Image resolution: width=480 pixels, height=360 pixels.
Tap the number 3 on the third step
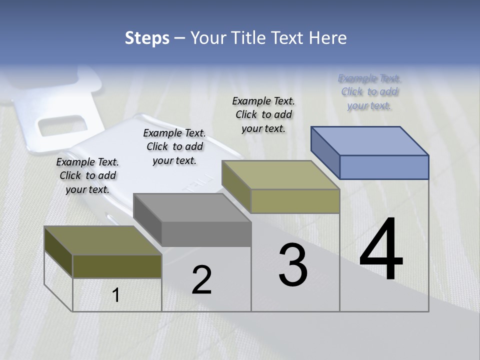(x=293, y=265)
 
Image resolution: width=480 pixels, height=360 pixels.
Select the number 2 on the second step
(x=201, y=280)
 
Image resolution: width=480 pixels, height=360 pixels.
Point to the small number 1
(x=116, y=295)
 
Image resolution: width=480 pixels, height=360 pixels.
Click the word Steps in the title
(x=147, y=38)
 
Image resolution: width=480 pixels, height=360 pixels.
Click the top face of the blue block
(x=370, y=141)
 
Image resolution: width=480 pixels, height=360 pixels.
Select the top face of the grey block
(x=192, y=208)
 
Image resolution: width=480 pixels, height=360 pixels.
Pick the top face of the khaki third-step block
(x=281, y=175)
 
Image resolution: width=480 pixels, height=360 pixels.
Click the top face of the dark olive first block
(x=102, y=240)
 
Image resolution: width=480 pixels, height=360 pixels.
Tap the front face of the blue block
(x=384, y=167)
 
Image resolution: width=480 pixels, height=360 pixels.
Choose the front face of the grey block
(x=206, y=234)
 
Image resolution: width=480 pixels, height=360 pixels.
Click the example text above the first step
(x=87, y=175)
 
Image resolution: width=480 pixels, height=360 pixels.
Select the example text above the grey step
(x=174, y=146)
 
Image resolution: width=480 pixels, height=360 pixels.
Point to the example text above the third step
(x=263, y=114)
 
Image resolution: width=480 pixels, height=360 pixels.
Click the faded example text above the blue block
(x=369, y=91)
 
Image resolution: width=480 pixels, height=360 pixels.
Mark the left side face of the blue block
(x=325, y=152)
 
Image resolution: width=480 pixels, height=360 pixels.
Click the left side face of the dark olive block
(x=58, y=252)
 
